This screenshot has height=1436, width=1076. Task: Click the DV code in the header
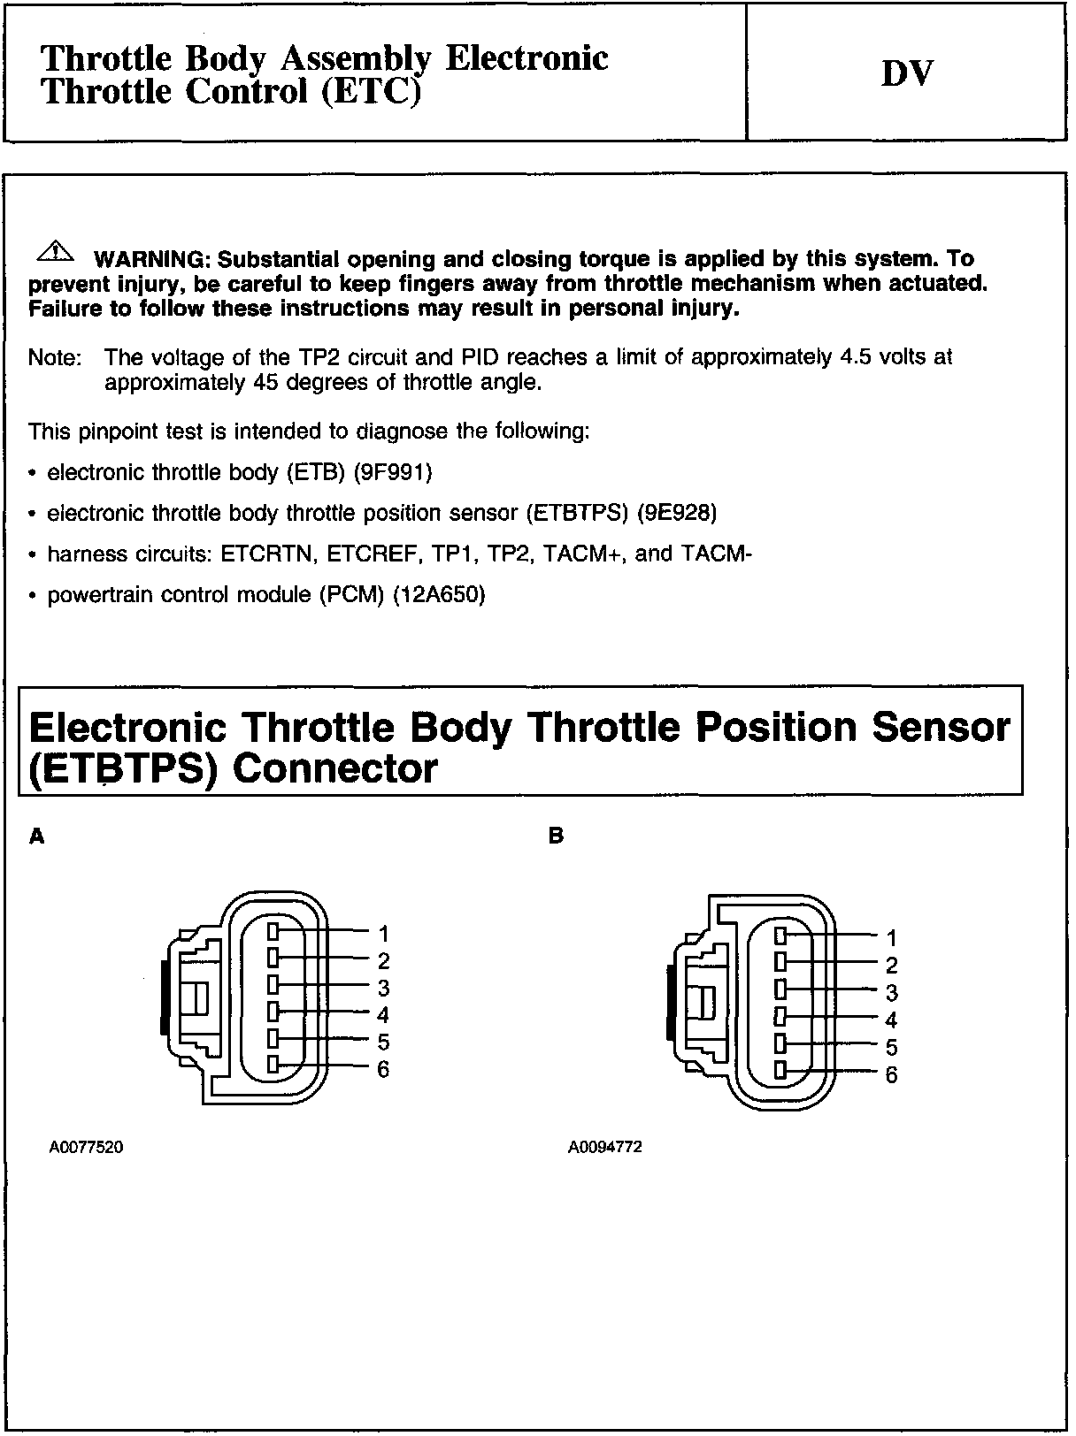pyautogui.click(x=907, y=74)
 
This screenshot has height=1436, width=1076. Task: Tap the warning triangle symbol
pyautogui.click(x=55, y=251)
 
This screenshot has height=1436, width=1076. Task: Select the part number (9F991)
pyautogui.click(x=392, y=472)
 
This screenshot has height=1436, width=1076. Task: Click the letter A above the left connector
pyautogui.click(x=36, y=836)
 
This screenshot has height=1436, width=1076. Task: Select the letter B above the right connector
pyautogui.click(x=556, y=836)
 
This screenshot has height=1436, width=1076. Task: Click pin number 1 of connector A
pyautogui.click(x=383, y=933)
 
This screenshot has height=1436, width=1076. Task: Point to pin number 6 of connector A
pyautogui.click(x=383, y=1070)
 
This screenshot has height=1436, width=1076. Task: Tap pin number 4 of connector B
pyautogui.click(x=891, y=1020)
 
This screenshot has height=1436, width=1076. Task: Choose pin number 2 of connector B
pyautogui.click(x=891, y=966)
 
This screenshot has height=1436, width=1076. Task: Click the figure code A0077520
pyautogui.click(x=86, y=1148)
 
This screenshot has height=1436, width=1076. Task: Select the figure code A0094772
pyautogui.click(x=605, y=1148)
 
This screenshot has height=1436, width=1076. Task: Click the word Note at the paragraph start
pyautogui.click(x=54, y=358)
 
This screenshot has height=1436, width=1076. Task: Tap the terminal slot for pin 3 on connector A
pyautogui.click(x=273, y=985)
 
